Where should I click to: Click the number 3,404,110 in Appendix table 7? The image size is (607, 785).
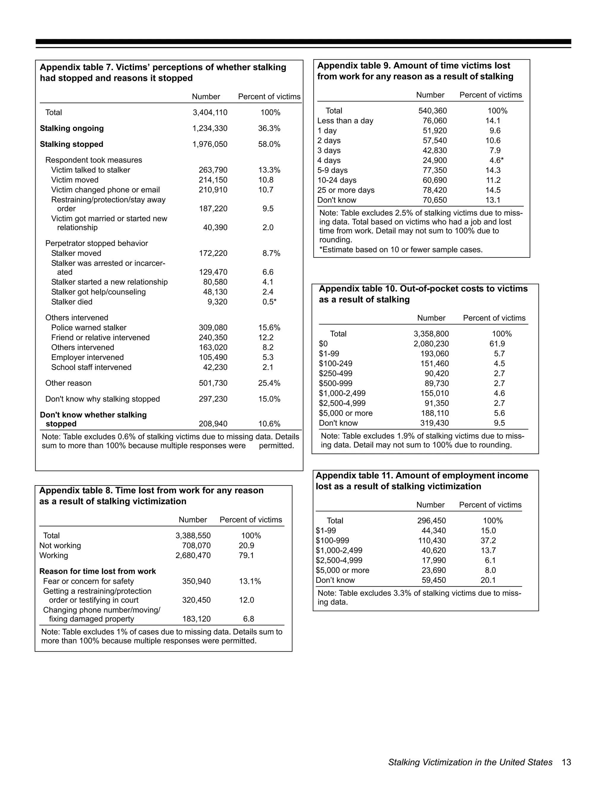(x=210, y=113)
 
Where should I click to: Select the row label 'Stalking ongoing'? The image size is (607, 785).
(x=71, y=128)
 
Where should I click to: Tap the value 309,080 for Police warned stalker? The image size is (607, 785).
(x=213, y=327)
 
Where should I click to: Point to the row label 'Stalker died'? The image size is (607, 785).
(x=71, y=302)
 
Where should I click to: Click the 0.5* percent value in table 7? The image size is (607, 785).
(x=269, y=302)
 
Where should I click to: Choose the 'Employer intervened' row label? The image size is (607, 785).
(x=87, y=357)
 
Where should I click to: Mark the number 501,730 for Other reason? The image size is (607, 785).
(x=213, y=383)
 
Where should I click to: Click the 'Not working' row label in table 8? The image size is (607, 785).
(x=60, y=546)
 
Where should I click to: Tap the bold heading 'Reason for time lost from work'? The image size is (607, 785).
(x=98, y=571)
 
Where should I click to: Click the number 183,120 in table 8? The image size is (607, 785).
(x=196, y=619)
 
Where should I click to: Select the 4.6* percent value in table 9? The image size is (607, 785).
(x=496, y=160)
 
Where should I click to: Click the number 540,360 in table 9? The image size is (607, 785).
(x=433, y=111)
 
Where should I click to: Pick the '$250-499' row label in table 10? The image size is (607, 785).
(x=336, y=374)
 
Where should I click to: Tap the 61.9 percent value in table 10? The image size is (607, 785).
(x=497, y=344)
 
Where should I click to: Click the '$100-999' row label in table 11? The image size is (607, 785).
(x=332, y=541)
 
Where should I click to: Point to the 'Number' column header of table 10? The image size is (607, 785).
(x=431, y=318)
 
